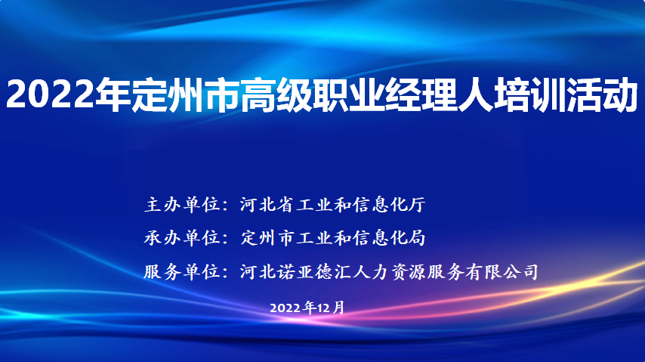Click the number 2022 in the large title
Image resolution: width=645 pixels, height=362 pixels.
point(50,94)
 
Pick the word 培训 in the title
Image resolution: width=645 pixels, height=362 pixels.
point(530,94)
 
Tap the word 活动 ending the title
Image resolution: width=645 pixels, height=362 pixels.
point(602,94)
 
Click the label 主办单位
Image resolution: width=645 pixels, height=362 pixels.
point(182,205)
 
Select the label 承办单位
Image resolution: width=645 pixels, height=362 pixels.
point(182,238)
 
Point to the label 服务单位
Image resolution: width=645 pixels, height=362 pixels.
point(182,272)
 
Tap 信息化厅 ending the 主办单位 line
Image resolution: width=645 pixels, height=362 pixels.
point(388,205)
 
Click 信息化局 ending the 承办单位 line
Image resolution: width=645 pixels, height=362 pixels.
point(388,238)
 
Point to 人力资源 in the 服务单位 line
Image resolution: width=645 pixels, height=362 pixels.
point(389,272)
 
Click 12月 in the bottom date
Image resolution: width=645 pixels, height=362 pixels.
point(330,308)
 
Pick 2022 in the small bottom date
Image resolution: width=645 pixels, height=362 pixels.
point(285,308)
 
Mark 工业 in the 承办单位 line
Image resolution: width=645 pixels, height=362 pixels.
point(315,238)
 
